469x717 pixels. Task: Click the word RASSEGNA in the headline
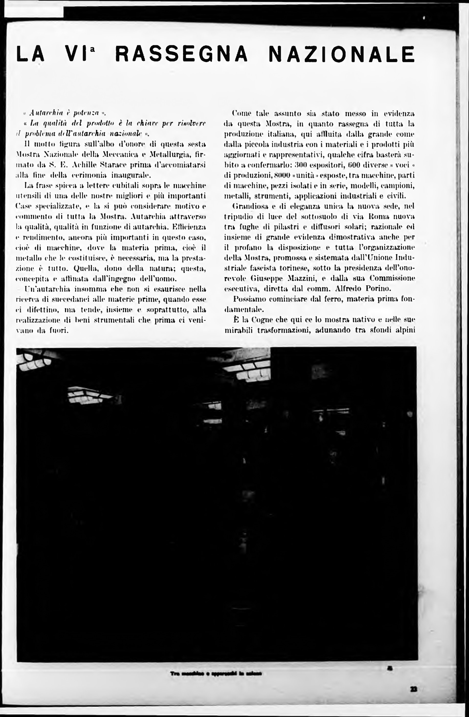[182, 54]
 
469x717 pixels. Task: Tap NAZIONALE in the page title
[341, 54]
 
